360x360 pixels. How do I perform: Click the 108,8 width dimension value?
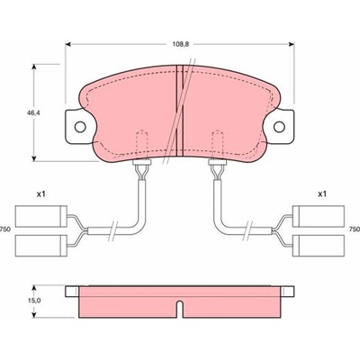pos(180,44)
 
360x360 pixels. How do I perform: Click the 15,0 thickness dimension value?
pos(35,301)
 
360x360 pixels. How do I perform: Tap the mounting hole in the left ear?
pos(80,127)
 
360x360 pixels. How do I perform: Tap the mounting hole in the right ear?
pos(279,127)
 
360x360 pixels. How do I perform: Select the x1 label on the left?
pos(40,194)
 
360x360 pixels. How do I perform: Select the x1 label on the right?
pos(322,194)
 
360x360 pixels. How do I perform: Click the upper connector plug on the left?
pos(41,216)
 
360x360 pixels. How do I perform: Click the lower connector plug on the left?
pos(41,246)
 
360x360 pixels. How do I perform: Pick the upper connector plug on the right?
pos(319,216)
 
